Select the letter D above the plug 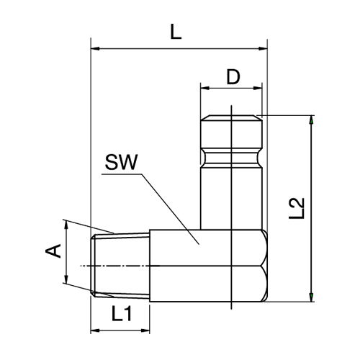point(232,76)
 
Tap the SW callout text point(120,163)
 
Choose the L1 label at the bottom point(121,314)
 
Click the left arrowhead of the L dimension point(94,49)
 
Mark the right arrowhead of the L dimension point(264,49)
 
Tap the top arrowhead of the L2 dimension point(311,120)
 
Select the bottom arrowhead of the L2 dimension point(311,296)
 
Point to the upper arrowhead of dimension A point(66,225)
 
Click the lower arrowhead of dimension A point(66,282)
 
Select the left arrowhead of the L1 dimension point(94,330)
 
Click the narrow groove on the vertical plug point(230,154)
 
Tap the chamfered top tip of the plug point(230,118)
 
